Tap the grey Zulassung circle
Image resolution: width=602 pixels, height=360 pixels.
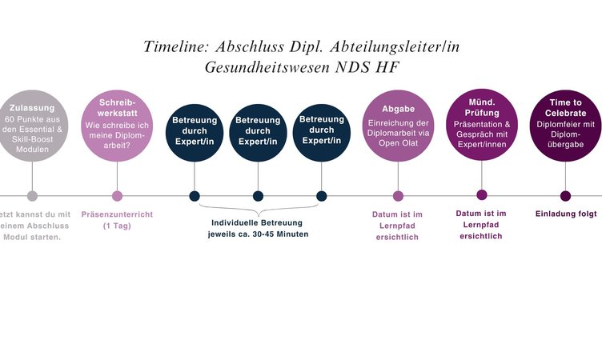32,126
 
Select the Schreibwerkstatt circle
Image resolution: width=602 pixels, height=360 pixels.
117,126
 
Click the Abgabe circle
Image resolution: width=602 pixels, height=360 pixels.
398,126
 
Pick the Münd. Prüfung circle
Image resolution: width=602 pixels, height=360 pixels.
482,125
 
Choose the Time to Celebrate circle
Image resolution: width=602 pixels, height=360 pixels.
565,126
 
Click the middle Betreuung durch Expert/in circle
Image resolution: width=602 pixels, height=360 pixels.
258,133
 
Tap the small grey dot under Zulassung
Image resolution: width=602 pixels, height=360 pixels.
32,196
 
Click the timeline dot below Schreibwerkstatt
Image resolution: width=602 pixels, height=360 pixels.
117,196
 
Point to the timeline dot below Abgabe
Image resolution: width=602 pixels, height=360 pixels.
398,196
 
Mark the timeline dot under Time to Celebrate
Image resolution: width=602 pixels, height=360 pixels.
565,196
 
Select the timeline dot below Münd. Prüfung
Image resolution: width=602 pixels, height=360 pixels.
482,195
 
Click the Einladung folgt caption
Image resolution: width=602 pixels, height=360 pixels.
566,214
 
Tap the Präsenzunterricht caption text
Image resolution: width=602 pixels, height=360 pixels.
117,214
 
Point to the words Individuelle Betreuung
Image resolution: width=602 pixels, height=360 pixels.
257,222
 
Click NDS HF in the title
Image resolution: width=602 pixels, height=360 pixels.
367,67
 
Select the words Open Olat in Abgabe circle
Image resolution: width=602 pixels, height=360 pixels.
398,143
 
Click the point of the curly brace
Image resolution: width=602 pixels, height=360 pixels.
259,216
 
